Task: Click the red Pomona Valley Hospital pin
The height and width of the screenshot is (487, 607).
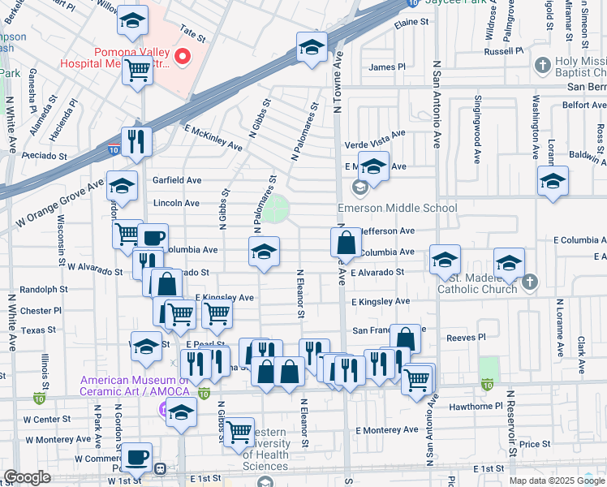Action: [183, 56]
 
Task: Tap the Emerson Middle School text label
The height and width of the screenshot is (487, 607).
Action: [397, 209]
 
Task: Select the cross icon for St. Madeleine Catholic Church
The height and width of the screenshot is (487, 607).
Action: [529, 282]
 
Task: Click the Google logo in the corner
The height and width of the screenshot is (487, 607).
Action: [28, 477]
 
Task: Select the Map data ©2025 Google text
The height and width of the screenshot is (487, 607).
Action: [557, 481]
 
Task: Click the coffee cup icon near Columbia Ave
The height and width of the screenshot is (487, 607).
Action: [153, 238]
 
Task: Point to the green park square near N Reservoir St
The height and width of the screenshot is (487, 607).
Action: [489, 369]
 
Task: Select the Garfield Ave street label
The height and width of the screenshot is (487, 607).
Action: [177, 180]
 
